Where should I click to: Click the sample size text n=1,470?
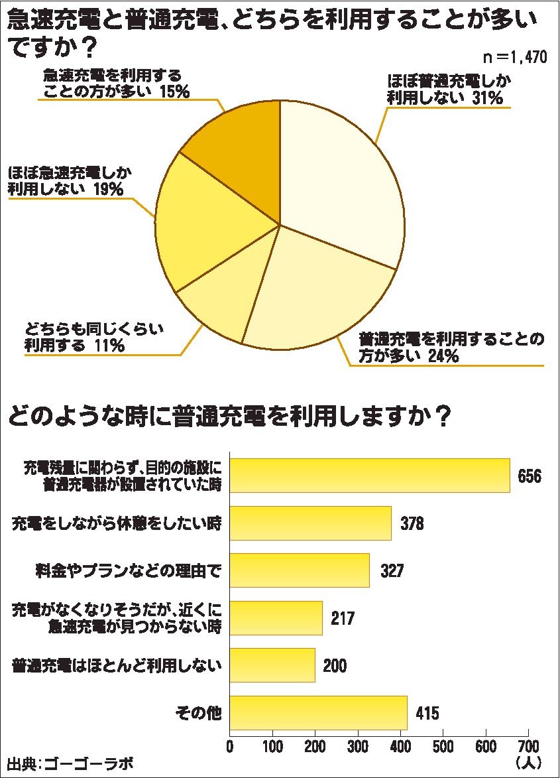(x=514, y=58)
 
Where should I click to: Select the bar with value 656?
(x=369, y=476)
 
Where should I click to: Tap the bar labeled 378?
(x=310, y=523)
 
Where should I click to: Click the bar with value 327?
(x=299, y=570)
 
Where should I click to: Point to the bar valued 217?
(x=276, y=618)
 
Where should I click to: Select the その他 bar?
(x=318, y=713)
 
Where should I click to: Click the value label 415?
(x=427, y=714)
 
